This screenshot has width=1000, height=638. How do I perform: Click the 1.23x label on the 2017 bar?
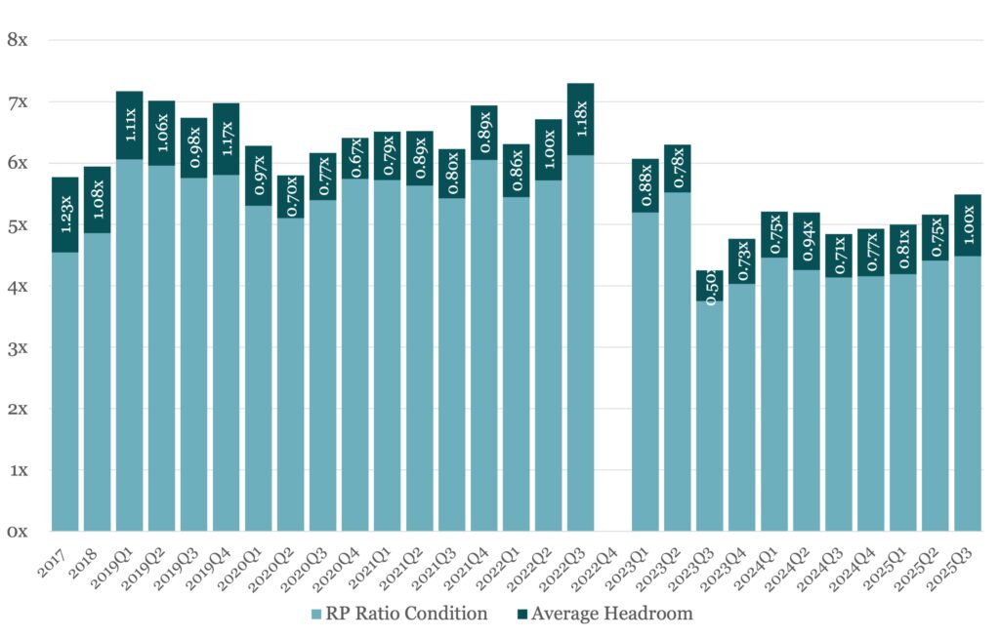65,215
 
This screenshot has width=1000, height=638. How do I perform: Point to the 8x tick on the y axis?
19,40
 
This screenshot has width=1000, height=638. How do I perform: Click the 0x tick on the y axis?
19,532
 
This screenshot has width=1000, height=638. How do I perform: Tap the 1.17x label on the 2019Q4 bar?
227,140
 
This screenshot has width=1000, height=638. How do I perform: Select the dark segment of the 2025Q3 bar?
968,224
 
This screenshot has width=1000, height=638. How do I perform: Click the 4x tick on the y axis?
19,286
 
